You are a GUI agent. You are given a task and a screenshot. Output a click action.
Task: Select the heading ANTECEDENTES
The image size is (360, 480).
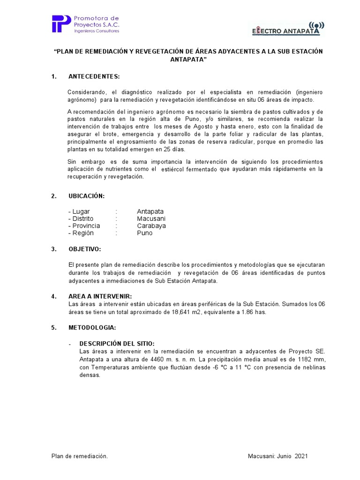[94, 76]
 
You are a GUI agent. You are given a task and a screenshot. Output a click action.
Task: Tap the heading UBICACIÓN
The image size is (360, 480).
[86, 196]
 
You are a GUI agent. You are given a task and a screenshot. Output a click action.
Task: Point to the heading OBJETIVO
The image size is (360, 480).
[84, 249]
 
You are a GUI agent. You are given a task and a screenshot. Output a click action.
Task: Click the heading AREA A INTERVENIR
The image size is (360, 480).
[100, 296]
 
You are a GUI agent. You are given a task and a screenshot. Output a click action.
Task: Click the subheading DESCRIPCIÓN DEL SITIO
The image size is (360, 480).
[117, 344]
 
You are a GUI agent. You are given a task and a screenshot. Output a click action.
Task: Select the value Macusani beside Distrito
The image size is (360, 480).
[151, 219]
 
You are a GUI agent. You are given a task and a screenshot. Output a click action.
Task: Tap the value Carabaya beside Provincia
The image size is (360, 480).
[151, 226]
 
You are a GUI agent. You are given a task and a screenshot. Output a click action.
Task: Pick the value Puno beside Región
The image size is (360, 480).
[145, 233]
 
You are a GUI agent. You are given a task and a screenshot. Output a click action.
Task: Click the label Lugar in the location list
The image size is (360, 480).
[81, 212]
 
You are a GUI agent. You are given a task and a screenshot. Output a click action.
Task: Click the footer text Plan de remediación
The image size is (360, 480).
[80, 456]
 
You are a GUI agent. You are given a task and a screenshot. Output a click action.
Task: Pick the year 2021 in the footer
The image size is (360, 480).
[301, 456]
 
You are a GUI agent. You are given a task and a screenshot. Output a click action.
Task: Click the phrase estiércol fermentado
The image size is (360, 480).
[189, 169]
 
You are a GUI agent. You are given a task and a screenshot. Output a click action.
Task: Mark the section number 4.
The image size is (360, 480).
[54, 296]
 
